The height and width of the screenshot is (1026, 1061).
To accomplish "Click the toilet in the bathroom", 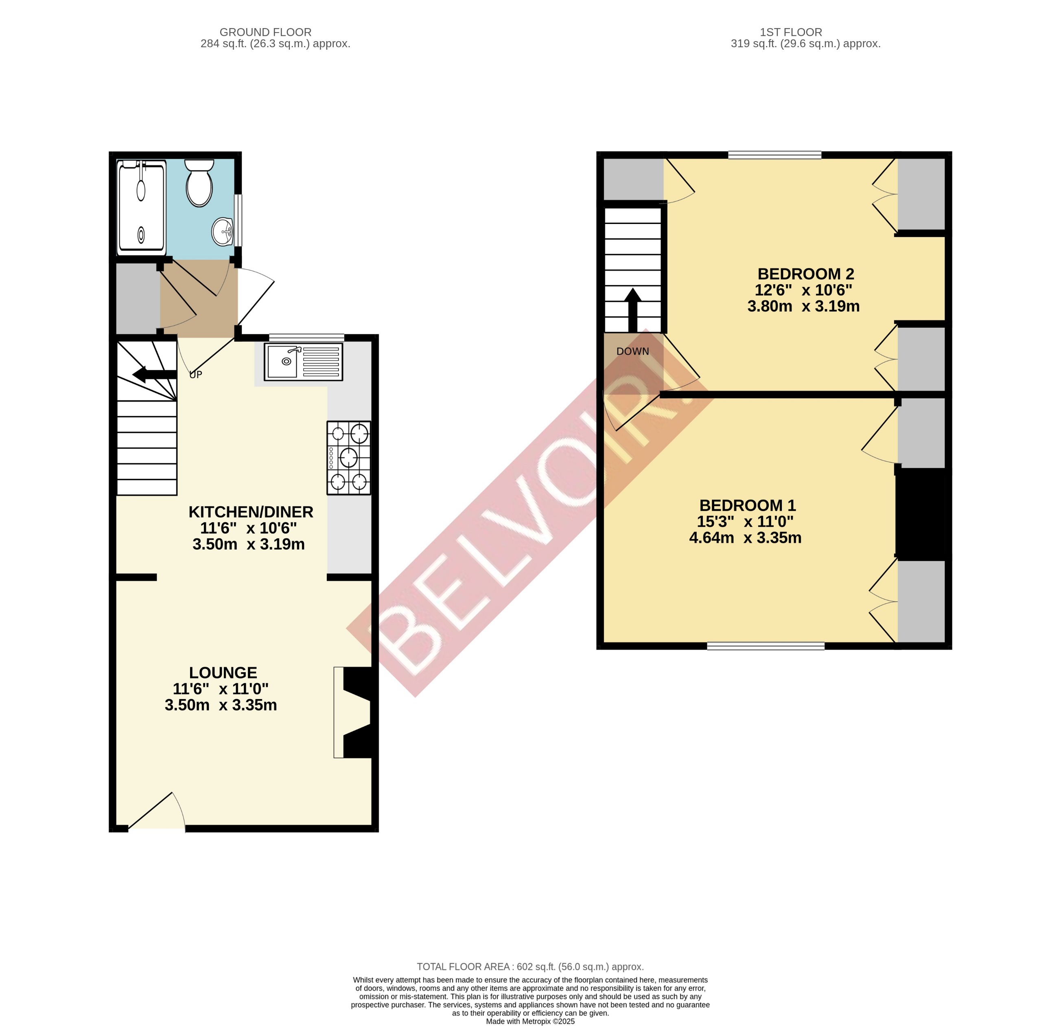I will tap(199, 184).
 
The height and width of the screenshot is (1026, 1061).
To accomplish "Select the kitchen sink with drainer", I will tap(304, 362).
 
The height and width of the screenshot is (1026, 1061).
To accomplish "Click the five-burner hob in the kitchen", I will tap(349, 458).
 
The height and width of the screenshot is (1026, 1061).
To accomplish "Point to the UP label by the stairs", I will tap(195, 375).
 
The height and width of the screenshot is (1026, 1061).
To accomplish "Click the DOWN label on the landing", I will tap(633, 351).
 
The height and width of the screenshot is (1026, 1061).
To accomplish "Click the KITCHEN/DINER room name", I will tap(251, 512).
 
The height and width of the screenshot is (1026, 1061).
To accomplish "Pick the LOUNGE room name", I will tap(223, 673).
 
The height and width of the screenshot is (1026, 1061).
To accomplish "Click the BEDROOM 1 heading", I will tap(748, 505).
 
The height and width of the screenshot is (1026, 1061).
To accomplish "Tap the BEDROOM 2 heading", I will tap(805, 274).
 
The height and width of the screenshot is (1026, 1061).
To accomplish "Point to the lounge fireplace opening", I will tap(354, 712).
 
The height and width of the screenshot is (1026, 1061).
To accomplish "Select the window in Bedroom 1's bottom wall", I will tap(766, 646).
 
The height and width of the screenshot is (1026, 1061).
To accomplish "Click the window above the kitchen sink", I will tap(306, 337).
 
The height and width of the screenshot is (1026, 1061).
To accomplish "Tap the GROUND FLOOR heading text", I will tap(265, 33).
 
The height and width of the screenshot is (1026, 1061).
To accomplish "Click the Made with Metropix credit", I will tap(530, 1021).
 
